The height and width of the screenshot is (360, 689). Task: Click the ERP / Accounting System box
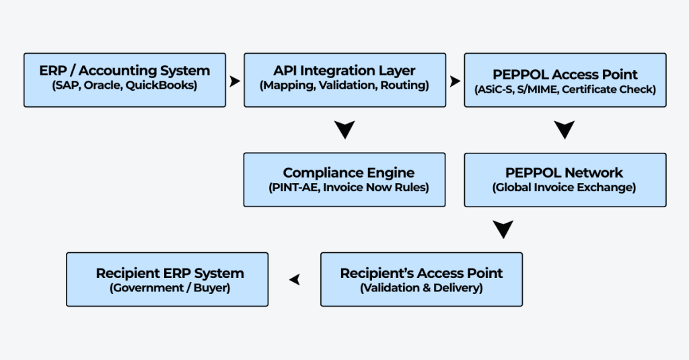(x=124, y=80)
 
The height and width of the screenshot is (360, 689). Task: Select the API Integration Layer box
(x=345, y=80)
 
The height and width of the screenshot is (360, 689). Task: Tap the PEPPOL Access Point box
(x=565, y=80)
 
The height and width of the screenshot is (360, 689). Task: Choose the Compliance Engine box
(x=344, y=180)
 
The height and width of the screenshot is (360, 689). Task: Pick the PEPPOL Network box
(x=565, y=180)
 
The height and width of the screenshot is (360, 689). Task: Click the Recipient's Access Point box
(x=421, y=279)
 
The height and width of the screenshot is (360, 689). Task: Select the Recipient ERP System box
(x=167, y=279)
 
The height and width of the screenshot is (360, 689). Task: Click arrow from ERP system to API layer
(x=235, y=81)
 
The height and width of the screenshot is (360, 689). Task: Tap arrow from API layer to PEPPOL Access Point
(x=456, y=81)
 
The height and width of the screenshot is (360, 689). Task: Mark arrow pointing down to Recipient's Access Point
(x=503, y=229)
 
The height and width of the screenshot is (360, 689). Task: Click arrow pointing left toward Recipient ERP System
(x=295, y=279)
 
